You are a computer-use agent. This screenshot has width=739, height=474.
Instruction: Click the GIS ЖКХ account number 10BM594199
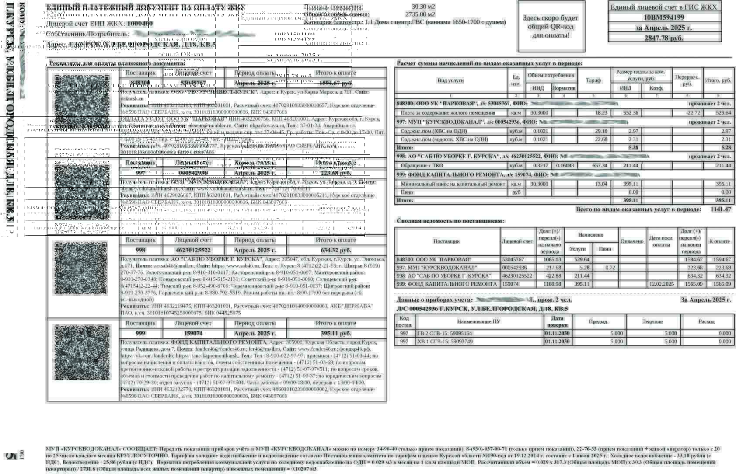click(x=664, y=17)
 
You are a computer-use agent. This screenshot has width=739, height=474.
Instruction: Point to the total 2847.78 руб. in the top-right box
click(x=664, y=38)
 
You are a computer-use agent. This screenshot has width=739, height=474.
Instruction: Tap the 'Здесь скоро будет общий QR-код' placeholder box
click(x=551, y=27)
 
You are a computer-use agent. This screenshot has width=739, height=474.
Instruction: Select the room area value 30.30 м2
click(x=423, y=7)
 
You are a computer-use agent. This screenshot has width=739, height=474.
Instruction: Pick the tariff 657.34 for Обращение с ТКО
click(x=599, y=166)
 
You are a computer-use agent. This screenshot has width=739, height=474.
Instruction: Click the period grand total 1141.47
click(x=721, y=210)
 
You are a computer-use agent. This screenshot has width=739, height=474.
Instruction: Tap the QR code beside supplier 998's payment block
click(x=81, y=268)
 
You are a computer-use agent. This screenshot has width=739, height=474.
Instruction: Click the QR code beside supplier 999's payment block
click(x=82, y=352)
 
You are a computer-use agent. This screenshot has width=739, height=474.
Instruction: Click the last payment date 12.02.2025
click(x=661, y=284)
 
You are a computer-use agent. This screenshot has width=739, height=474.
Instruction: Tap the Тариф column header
click(x=593, y=81)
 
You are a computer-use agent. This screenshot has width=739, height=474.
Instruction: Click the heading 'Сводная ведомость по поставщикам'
click(x=450, y=221)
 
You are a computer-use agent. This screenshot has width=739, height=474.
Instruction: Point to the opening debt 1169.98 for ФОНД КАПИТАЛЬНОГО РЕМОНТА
click(x=550, y=284)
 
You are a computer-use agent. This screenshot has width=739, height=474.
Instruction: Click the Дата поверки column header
click(x=557, y=322)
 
